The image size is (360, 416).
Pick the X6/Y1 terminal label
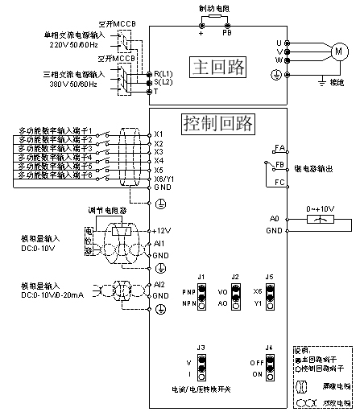(x=165, y=179)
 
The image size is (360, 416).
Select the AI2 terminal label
(x=159, y=285)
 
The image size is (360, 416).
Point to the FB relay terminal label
(x=280, y=164)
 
